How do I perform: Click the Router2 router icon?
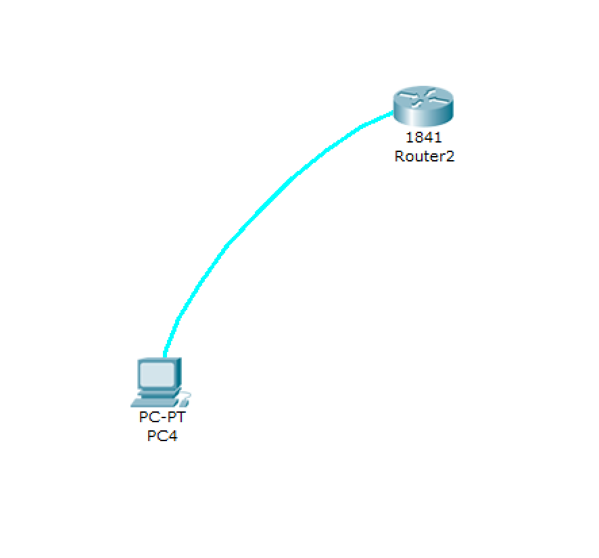click(x=423, y=107)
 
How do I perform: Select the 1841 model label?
click(x=423, y=138)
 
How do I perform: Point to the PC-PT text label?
click(x=162, y=417)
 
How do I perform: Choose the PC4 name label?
click(x=162, y=436)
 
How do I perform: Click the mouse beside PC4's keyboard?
click(x=186, y=395)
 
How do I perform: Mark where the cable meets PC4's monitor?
click(x=164, y=356)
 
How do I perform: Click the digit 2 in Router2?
click(x=450, y=157)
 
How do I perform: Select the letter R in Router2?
click(x=400, y=157)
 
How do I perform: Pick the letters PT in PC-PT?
click(x=174, y=417)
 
